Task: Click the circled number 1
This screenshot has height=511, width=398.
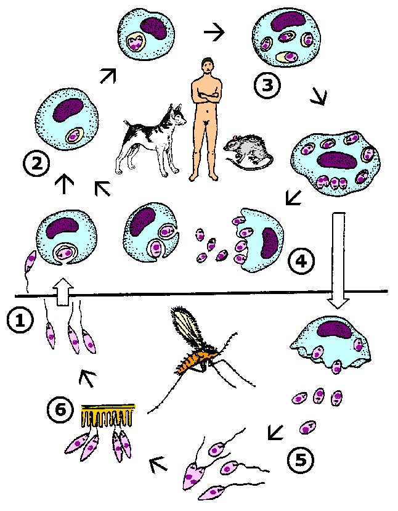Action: (x=20, y=320)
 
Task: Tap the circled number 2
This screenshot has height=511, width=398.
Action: (x=36, y=163)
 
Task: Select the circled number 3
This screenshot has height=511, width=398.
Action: (x=267, y=85)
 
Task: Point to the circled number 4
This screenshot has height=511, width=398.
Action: (x=301, y=261)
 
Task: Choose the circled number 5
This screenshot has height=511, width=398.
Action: (x=301, y=459)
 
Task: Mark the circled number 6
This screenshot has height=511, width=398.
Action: (x=60, y=410)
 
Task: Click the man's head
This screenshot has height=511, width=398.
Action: (x=208, y=66)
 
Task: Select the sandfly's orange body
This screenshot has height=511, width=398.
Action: (x=195, y=359)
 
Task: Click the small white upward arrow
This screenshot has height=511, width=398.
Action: (x=63, y=292)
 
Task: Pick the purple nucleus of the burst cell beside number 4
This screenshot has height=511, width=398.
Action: (x=269, y=243)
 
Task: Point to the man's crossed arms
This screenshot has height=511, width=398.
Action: (x=206, y=96)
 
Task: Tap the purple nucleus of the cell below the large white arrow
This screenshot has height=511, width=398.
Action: (x=334, y=331)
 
